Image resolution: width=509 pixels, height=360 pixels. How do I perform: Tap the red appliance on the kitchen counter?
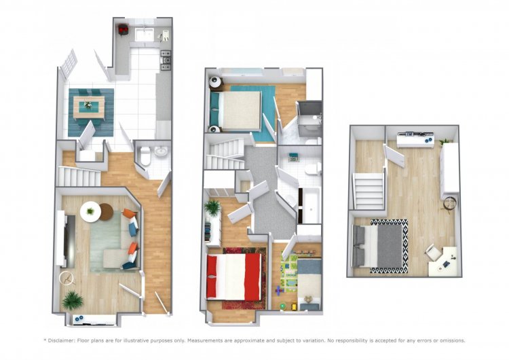tap(123, 30)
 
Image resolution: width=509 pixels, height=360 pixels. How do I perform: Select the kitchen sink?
tap(144, 35)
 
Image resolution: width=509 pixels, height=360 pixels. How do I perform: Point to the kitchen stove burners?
tap(166, 60)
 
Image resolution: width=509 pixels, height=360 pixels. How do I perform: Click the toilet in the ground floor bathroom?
tap(145, 156)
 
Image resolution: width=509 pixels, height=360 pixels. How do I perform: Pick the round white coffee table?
tap(90, 212)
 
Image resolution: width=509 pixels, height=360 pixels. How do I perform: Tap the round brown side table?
tap(106, 211)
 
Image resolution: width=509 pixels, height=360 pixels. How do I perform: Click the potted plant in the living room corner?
tap(73, 300)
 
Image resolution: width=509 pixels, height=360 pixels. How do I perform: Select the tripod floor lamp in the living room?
tap(67, 278)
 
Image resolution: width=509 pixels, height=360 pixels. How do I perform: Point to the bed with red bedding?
tap(233, 277)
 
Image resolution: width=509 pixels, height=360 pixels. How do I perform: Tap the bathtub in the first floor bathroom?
tap(310, 205)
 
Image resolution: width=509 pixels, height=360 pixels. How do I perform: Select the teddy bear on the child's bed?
tap(309, 299)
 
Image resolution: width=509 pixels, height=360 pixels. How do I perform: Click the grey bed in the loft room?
tap(377, 246)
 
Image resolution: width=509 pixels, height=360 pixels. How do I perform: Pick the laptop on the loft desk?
tap(447, 264)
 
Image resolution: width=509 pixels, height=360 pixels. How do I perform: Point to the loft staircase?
tap(369, 192)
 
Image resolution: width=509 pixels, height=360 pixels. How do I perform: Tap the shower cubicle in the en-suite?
tap(309, 118)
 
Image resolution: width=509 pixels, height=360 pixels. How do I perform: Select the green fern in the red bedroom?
tap(212, 208)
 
